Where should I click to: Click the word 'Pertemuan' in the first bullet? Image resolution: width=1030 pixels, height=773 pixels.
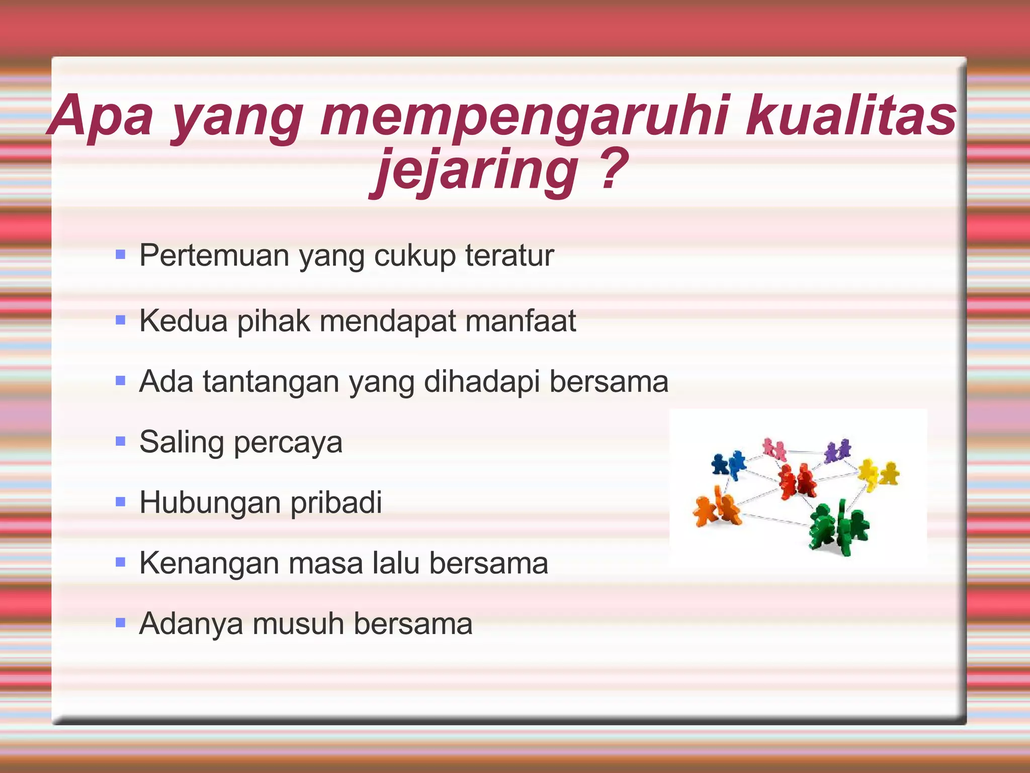click(214, 255)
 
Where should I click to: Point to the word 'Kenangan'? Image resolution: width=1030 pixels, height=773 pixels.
click(209, 563)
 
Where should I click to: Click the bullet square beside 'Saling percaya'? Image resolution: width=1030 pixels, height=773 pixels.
click(120, 442)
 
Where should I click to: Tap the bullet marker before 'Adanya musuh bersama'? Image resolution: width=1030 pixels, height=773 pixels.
click(120, 623)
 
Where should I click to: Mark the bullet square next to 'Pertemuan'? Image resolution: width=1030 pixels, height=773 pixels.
click(120, 255)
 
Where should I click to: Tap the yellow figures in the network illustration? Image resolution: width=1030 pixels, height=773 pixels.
click(878, 473)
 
